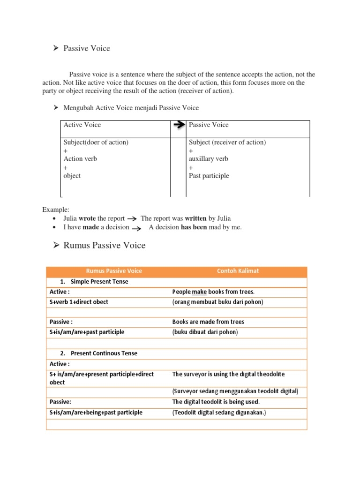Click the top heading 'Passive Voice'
pos(87,48)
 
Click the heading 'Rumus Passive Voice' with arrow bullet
pos(104,245)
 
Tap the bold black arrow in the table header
pos(179,125)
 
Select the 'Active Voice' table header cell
pos(82,125)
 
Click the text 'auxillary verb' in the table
pos(209,159)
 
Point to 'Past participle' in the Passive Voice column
pos(209,176)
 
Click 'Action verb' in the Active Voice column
pos(80,159)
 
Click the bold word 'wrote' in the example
pos(87,218)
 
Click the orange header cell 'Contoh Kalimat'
pos(238,271)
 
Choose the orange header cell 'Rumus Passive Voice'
pos(114,271)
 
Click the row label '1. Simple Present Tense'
pos(94,282)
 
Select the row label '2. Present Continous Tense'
pos(99,353)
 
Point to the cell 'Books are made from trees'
pos(208,322)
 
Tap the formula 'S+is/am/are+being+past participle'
pos(96,413)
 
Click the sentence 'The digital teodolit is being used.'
pos(216,402)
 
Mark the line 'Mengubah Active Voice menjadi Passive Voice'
pos(131,108)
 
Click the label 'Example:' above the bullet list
pos(55,210)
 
